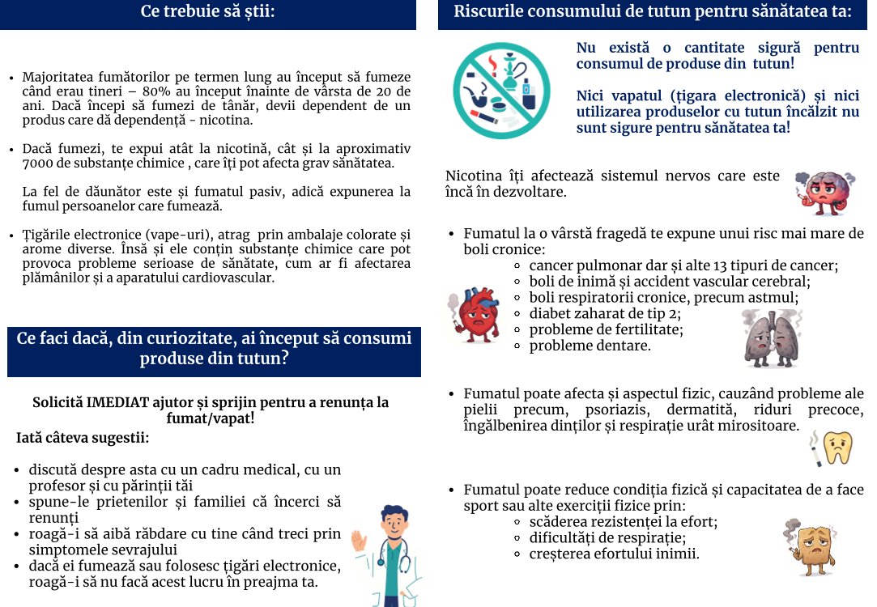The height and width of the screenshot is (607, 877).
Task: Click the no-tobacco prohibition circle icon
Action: [x=501, y=90]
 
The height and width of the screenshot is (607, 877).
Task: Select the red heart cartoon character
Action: [x=475, y=316]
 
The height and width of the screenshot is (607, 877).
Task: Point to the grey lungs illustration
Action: [x=770, y=338]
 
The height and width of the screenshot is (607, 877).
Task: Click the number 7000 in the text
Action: [x=36, y=163]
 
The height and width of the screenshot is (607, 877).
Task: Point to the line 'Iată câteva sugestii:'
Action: [x=83, y=439]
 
